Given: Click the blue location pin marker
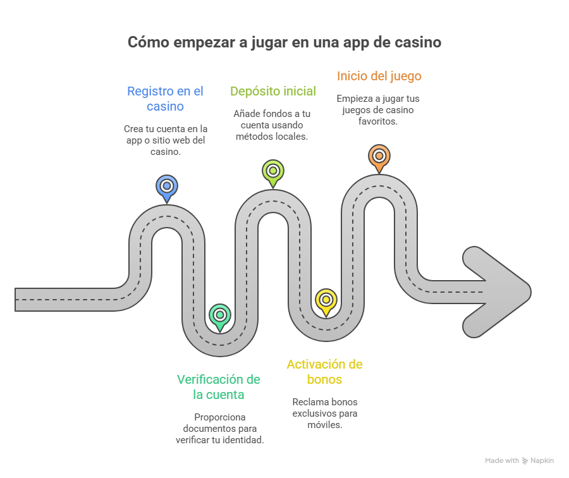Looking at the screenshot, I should coord(166,187).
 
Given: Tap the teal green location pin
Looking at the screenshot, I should coord(220,315).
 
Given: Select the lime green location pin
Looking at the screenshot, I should coord(272,171).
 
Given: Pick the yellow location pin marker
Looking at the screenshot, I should coord(326,300).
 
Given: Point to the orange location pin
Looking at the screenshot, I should coord(379,156).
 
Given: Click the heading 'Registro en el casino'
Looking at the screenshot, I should coord(165,99).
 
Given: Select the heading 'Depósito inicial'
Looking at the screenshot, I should coord(272,91).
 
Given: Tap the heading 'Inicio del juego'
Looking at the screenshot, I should coord(379,76).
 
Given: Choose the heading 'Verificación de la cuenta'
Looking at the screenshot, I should coord(219,387).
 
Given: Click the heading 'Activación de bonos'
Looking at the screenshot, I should coord(324,372).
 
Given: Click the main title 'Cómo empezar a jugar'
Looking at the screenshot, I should coord(284,42).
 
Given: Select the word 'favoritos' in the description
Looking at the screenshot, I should coord(379,121).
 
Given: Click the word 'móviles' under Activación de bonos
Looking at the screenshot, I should coord(324,425).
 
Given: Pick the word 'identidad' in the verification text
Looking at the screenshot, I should coord(243,440).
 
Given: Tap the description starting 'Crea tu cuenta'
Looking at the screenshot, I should coord(165,140).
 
